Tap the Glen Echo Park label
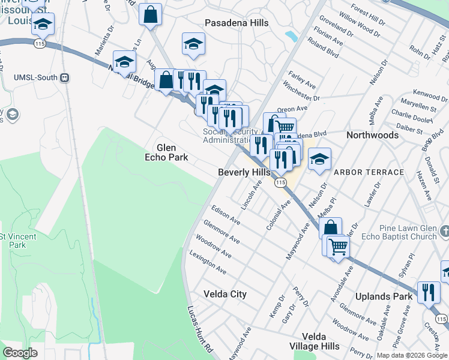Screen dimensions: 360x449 [x=172, y=152]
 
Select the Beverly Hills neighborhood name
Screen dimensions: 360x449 [x=244, y=172]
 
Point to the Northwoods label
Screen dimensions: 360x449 [x=372, y=135]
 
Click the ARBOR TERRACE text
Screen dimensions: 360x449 [x=369, y=172]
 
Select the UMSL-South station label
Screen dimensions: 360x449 [x=35, y=77]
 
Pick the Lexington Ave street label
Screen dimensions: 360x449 [x=208, y=262]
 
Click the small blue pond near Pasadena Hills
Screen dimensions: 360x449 [x=292, y=37]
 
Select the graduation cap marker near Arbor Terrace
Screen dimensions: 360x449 [x=319, y=160]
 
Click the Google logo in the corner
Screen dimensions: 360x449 [x=20, y=353]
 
